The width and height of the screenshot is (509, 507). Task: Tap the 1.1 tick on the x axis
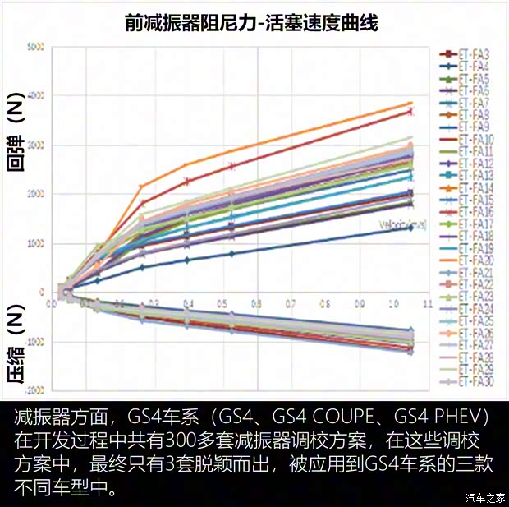pos(427,303)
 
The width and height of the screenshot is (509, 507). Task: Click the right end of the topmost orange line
pos(411,103)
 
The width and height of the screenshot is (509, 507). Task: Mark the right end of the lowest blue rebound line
pos(411,228)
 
